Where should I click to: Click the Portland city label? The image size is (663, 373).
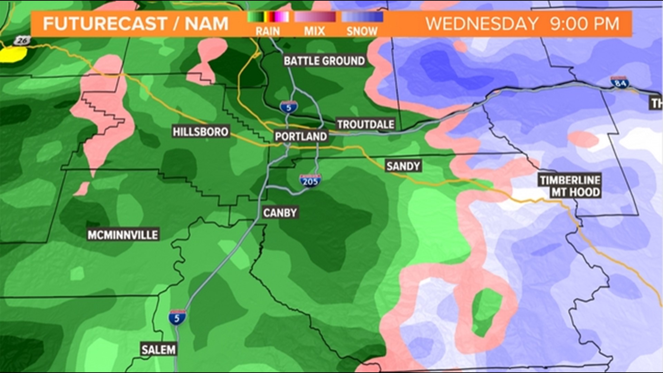click(301, 136)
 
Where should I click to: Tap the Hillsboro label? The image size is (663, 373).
click(200, 132)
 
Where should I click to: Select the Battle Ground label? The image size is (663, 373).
click(324, 61)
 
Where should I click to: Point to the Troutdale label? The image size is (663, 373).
click(365, 124)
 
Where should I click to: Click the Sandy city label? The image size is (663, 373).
click(403, 166)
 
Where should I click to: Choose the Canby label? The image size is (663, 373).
click(280, 212)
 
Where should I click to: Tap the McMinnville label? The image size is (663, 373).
click(123, 235)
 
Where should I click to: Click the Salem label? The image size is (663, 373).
click(158, 350)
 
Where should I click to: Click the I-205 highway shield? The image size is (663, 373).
click(310, 181)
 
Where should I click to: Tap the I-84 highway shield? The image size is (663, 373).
click(620, 82)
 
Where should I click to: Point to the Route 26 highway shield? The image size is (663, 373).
click(22, 41)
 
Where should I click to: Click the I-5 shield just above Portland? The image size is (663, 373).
click(289, 107)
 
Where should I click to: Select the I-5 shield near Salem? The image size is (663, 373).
click(177, 317)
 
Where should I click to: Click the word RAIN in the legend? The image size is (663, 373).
click(268, 31)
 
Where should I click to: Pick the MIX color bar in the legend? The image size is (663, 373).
click(315, 17)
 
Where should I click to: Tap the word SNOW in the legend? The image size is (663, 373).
click(362, 31)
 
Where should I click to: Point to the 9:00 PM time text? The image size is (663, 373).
click(585, 24)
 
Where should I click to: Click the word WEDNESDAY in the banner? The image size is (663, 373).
click(482, 24)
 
